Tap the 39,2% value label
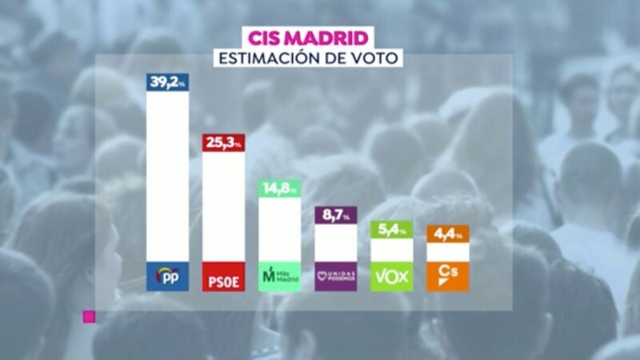[168, 80]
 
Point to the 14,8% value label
[280, 189]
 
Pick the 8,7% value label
[336, 215]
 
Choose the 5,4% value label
[392, 230]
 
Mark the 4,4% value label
[448, 234]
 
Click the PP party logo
[168, 276]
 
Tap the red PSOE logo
[223, 276]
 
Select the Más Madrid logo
[280, 276]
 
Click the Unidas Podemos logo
[336, 276]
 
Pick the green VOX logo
[392, 276]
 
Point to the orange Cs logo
[448, 276]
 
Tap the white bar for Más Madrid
[280, 229]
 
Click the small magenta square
[90, 317]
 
